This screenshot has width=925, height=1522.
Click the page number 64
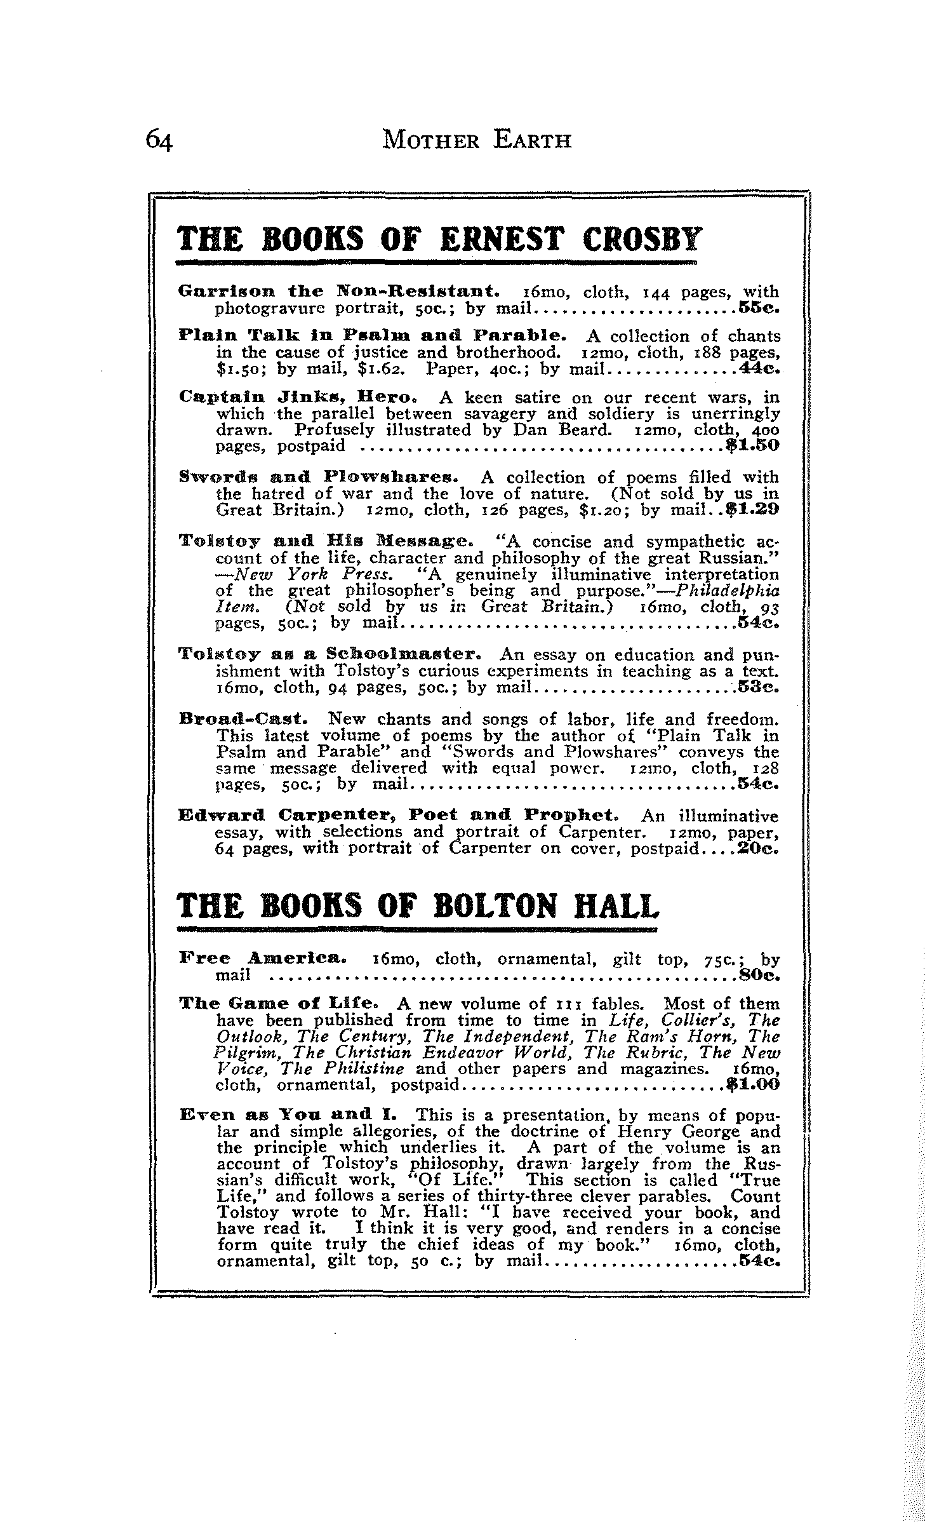(159, 139)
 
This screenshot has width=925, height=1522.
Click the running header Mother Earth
(477, 139)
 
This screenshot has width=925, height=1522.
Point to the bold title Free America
(263, 958)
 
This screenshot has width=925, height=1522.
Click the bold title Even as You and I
(293, 1115)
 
